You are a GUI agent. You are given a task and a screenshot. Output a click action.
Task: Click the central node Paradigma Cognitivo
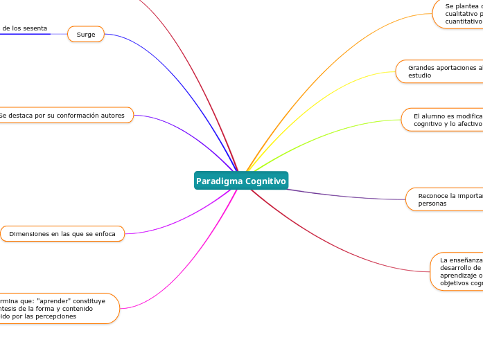(x=240, y=181)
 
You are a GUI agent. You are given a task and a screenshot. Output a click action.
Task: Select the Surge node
(x=86, y=34)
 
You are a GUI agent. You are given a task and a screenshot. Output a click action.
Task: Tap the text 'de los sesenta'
(x=24, y=28)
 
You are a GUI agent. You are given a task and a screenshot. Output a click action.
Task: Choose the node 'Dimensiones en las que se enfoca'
(x=62, y=234)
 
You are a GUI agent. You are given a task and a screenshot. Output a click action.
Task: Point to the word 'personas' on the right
(x=432, y=204)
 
